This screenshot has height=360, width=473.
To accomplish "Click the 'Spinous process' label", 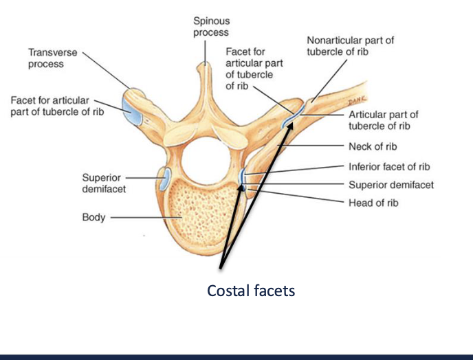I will click(x=211, y=27).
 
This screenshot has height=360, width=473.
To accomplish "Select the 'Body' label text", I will click(x=93, y=217).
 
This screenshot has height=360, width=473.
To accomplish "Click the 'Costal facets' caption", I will click(x=251, y=291).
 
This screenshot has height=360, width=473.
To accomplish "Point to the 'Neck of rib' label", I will click(x=373, y=146).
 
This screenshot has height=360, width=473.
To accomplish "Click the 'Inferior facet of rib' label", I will click(x=390, y=166).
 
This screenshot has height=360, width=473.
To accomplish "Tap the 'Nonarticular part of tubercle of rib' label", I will click(x=350, y=46).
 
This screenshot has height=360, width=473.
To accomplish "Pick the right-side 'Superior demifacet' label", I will click(x=391, y=185).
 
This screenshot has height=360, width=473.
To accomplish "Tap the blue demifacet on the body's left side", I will click(x=165, y=178).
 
